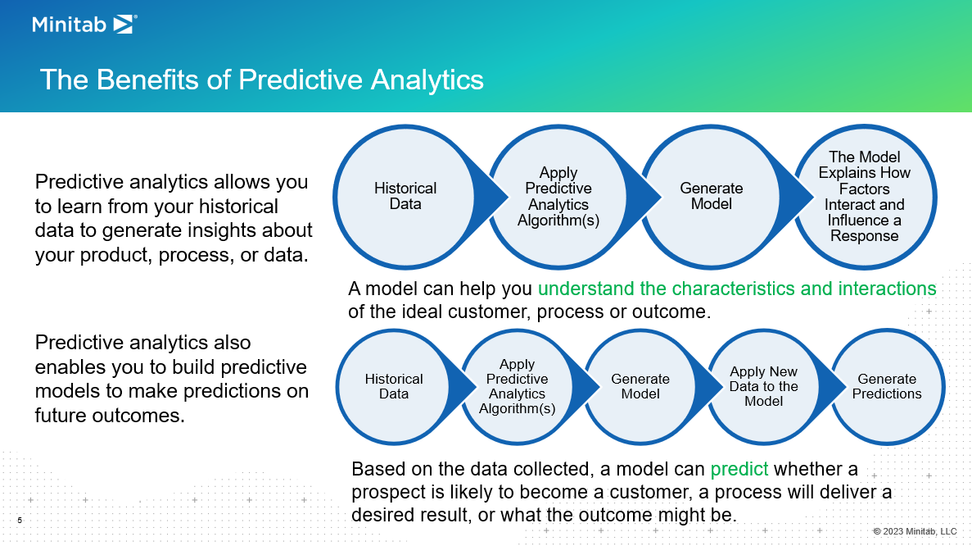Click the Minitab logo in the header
pyautogui.click(x=84, y=25)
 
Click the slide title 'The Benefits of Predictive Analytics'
pyautogui.click(x=261, y=80)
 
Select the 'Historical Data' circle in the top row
pyautogui.click(x=405, y=196)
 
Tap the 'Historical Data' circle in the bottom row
pyautogui.click(x=394, y=386)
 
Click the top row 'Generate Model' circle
pyautogui.click(x=711, y=196)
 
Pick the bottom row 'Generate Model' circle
pyautogui.click(x=640, y=386)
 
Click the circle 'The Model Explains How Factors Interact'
pyautogui.click(x=864, y=196)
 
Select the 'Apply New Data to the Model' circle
pyautogui.click(x=763, y=386)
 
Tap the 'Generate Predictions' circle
pyautogui.click(x=887, y=386)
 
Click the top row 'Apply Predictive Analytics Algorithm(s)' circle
pyautogui.click(x=558, y=196)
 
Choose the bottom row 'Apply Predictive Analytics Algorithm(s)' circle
pyautogui.click(x=517, y=386)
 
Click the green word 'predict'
pyautogui.click(x=739, y=470)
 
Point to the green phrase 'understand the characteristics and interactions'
pyautogui.click(x=737, y=289)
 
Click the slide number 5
pyautogui.click(x=20, y=520)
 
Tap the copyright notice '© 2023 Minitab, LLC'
pyautogui.click(x=914, y=531)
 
